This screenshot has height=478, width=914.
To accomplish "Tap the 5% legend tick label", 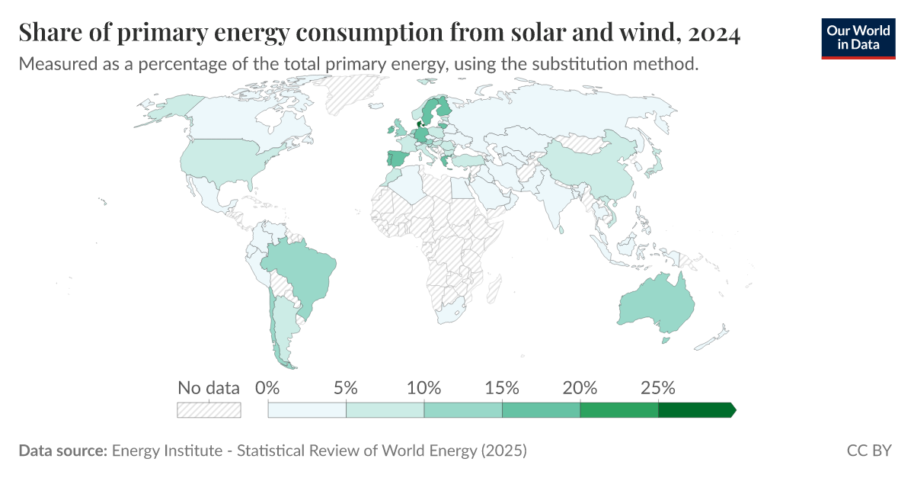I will point(346,387).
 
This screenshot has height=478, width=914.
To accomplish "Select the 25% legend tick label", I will point(658,387).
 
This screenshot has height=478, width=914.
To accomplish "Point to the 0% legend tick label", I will point(268,387).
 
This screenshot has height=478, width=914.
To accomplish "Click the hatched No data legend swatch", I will point(209,410).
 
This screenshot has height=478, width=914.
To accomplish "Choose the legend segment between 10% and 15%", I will point(463,410).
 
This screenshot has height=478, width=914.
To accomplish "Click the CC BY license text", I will point(869,451).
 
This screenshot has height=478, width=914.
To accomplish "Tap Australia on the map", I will point(655,305).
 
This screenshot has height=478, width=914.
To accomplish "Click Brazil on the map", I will point(301,274).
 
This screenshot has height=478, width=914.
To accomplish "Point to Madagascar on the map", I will point(494,289).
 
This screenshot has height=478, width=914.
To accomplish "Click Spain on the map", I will point(397,159).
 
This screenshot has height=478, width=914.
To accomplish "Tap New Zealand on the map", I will point(716,336).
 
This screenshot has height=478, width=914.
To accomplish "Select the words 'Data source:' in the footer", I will point(62,451).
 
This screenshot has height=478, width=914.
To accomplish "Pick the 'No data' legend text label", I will point(209,387).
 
